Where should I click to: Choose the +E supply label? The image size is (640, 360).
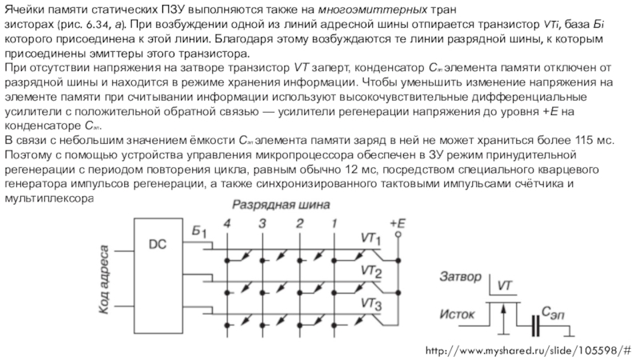pos(398,222)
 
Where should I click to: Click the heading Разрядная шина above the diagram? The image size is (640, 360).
pos(284,206)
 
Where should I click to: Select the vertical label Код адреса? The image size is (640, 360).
pos(105,274)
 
